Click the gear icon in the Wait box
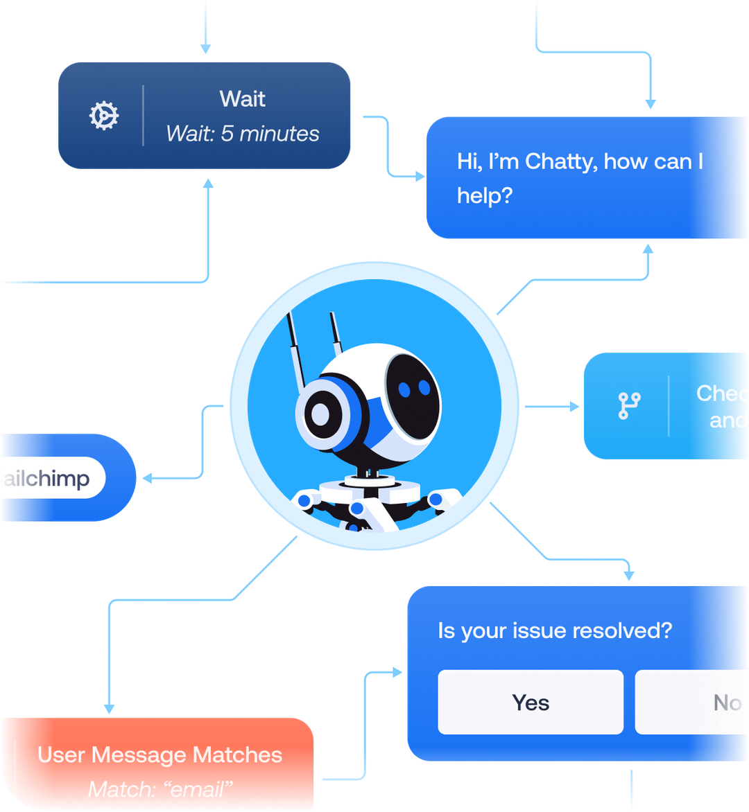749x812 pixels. click(x=104, y=116)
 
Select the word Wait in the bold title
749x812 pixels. click(x=243, y=98)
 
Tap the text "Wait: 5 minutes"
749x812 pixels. click(x=243, y=134)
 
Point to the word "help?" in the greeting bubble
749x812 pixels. click(x=484, y=195)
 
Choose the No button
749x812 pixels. click(x=727, y=703)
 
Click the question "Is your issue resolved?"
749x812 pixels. click(x=555, y=630)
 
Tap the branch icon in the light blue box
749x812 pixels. click(x=629, y=405)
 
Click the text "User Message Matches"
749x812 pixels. click(x=160, y=754)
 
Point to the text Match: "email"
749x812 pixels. click(x=160, y=788)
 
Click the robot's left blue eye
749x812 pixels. click(x=405, y=390)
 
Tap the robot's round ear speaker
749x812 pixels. click(x=320, y=414)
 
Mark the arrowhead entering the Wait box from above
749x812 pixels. click(x=205, y=48)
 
